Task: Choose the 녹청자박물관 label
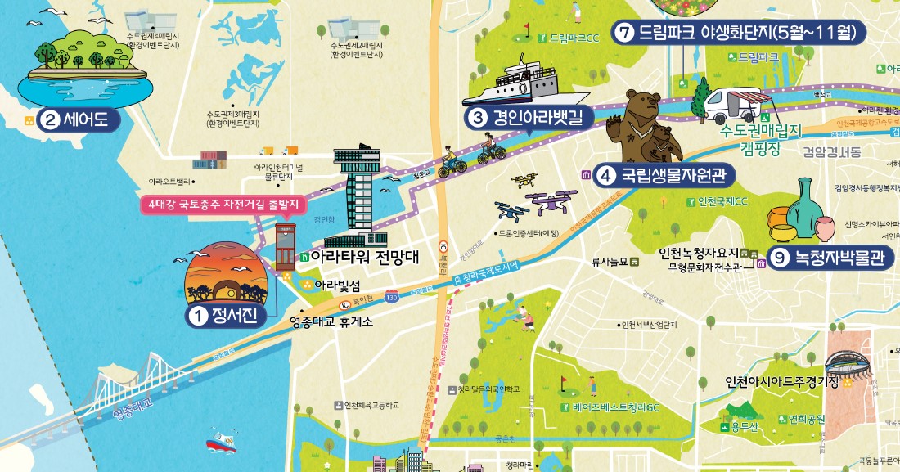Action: coord(835,261)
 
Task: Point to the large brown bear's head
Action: coord(643,105)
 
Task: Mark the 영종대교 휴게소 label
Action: coord(331,322)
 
